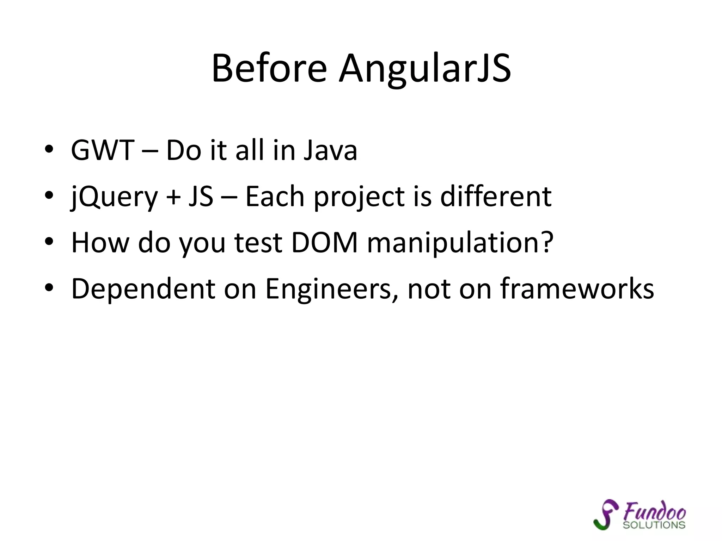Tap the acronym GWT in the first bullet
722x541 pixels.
point(103,150)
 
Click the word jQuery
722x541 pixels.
point(114,197)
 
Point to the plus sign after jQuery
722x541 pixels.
point(173,197)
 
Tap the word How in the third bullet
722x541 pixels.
point(100,243)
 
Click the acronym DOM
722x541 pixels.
point(324,243)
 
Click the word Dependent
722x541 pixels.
point(143,289)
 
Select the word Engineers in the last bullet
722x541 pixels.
point(332,289)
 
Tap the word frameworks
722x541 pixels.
point(577,289)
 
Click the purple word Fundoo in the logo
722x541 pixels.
point(654,511)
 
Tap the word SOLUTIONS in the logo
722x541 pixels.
point(654,525)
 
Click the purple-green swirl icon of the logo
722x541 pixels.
point(605,514)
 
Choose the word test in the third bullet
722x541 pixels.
point(258,243)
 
